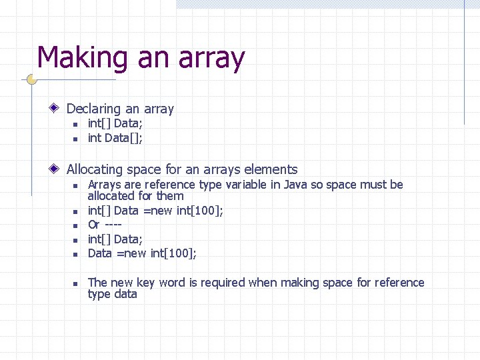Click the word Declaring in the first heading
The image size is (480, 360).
[94, 109]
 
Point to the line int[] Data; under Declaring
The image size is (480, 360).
[115, 123]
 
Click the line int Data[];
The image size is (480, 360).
[115, 138]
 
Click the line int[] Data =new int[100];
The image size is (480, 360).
[155, 211]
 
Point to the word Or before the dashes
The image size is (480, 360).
[94, 225]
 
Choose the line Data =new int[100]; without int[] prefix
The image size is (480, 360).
[142, 253]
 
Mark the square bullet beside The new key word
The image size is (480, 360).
[76, 283]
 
